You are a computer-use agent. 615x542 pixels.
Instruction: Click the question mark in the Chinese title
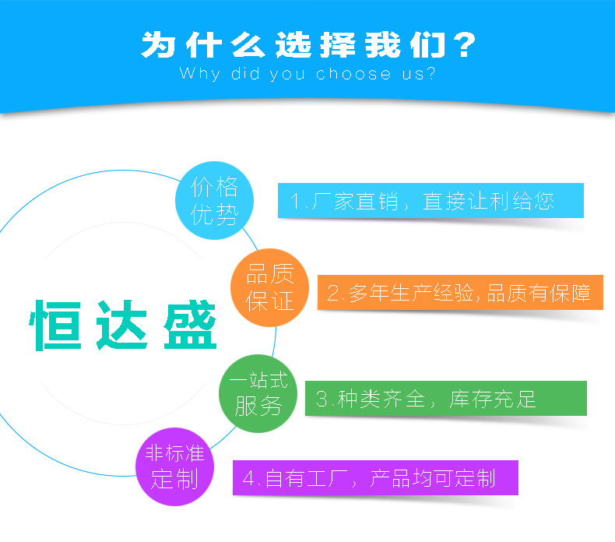pyautogui.click(x=464, y=45)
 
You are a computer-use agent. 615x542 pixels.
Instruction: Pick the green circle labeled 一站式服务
pyautogui.click(x=257, y=392)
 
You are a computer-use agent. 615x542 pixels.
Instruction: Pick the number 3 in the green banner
pyautogui.click(x=322, y=399)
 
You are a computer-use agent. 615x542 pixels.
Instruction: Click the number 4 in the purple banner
pyautogui.click(x=248, y=477)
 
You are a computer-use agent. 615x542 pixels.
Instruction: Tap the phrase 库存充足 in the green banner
pyautogui.click(x=494, y=399)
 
